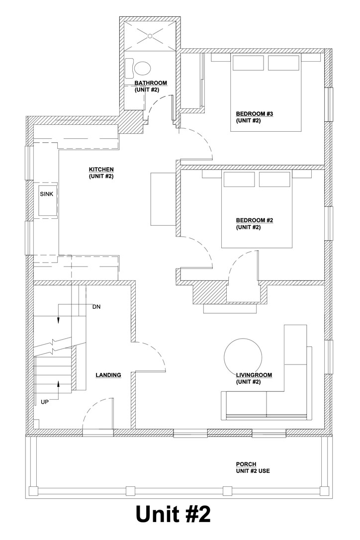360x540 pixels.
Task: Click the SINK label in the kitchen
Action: (x=46, y=194)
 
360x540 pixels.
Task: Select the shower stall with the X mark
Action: (x=151, y=34)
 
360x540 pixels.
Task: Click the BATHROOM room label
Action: (x=151, y=83)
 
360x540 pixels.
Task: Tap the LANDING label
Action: (x=108, y=375)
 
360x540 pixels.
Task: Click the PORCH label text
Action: (x=246, y=464)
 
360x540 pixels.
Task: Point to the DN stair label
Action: (x=97, y=307)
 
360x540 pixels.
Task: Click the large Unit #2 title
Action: (x=173, y=515)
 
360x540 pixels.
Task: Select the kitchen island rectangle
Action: (x=163, y=198)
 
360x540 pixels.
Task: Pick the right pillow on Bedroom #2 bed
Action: (x=274, y=180)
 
